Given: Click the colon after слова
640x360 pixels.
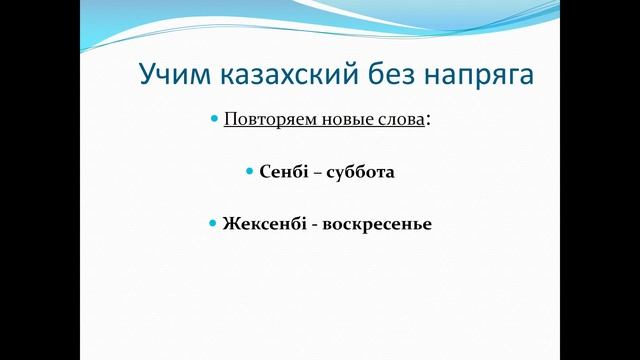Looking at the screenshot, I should click(x=429, y=121).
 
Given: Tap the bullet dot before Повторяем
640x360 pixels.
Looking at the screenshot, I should click(x=214, y=119).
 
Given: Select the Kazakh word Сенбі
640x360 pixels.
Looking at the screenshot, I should click(x=281, y=172).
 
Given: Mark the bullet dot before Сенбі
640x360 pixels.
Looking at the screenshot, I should click(x=250, y=172).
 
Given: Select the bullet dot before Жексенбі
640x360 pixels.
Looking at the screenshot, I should click(x=214, y=223).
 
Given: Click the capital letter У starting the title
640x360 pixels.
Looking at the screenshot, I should click(x=145, y=75).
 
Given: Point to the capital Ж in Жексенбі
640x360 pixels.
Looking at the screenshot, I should click(x=231, y=223).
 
